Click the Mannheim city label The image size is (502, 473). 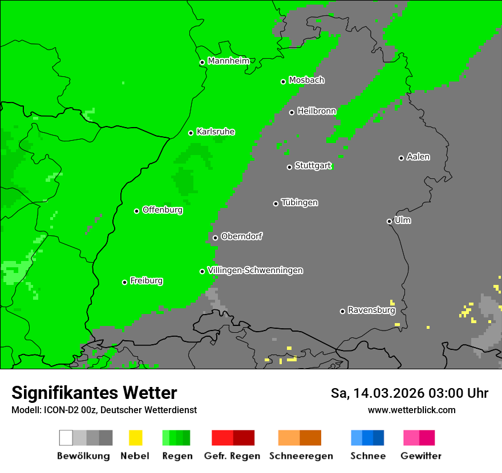pos(229,61)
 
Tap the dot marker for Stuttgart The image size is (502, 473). pos(289,167)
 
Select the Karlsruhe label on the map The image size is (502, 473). pos(216,132)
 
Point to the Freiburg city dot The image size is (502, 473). pos(124,282)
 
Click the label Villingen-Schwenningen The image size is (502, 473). pos(256,270)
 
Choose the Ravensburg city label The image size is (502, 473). pos(371,311)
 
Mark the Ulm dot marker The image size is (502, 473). pos(389,221)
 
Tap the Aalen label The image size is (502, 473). pos(418,157)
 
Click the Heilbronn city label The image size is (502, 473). pos(317,111)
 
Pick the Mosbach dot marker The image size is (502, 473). pos(283,81)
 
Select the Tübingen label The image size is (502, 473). pos(299,202)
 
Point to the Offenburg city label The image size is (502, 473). pos(163,210)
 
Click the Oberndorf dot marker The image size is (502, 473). pos(215,238)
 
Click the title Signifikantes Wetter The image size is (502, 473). pos(94,393)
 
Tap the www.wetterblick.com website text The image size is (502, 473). pos(411,410)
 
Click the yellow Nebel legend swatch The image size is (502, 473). pos(135,438)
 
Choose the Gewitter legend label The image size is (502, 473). pos(421,456)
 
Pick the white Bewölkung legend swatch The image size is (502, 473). pos(66,438)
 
